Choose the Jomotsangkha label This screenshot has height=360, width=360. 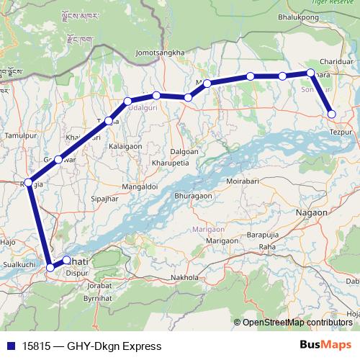(159, 53)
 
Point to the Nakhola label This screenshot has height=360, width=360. (184, 277)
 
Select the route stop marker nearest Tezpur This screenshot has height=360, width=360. (331, 113)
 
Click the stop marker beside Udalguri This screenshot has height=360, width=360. (156, 96)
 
